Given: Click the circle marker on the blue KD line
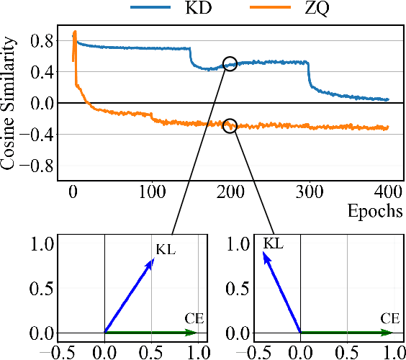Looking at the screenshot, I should pos(230,63).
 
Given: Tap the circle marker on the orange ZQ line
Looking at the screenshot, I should pos(230,126).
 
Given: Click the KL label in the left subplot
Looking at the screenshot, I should pos(166,250).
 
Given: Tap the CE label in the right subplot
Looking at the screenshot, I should pos(390,317).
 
